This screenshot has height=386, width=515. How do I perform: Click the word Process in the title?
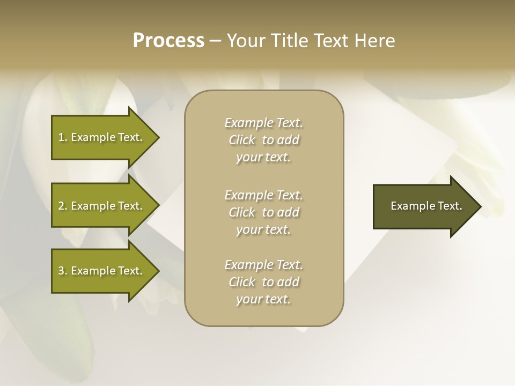coord(168,41)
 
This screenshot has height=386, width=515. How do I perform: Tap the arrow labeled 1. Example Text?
coord(100,137)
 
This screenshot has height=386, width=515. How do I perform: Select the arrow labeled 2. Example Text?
coord(100,206)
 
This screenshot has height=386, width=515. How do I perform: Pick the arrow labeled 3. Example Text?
coord(100,271)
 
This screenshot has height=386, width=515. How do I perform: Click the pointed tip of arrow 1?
coord(157,137)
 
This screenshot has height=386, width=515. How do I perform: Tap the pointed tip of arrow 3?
coord(157,271)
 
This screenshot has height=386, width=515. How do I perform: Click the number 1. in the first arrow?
coord(62,137)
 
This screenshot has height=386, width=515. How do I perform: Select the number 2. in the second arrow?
coord(62,206)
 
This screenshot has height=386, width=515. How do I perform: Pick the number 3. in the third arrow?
coord(62,271)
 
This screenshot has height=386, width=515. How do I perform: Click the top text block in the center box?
coord(263,140)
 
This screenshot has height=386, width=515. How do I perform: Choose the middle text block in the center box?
coord(263,212)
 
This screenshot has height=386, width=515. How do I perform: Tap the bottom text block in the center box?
coord(263,282)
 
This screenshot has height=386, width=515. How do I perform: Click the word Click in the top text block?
coord(242,140)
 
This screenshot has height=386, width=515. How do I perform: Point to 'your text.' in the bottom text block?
coord(263,299)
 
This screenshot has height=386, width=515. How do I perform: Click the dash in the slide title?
coord(215,41)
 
